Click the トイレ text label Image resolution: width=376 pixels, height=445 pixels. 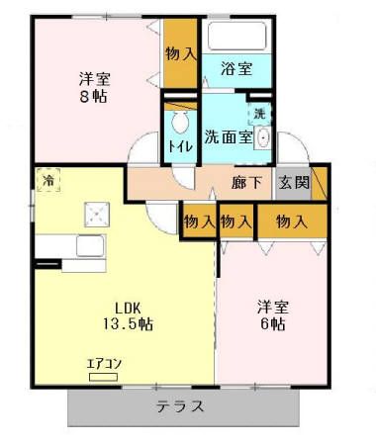(180, 146)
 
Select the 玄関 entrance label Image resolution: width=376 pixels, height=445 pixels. (293, 183)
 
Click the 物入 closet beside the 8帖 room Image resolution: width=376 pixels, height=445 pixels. (179, 54)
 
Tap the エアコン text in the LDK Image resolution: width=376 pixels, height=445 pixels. (104, 363)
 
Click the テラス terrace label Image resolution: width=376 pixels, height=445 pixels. (180, 406)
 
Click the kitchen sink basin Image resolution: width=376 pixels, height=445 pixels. (92, 247)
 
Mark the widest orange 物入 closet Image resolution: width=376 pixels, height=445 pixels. (290, 222)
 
